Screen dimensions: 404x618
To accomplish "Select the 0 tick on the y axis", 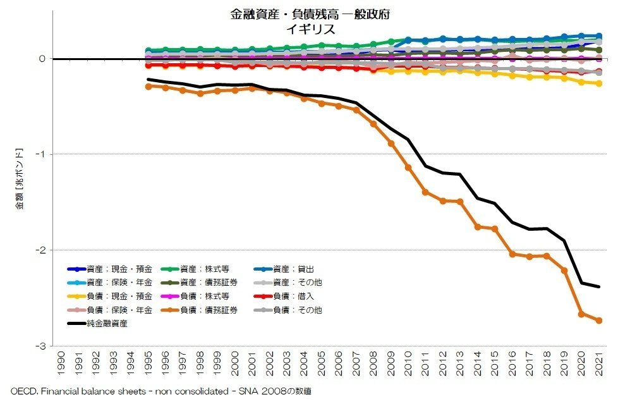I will (x=44, y=59).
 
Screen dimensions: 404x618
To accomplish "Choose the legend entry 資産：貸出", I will (x=290, y=269).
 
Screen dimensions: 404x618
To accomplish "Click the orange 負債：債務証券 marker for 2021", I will (x=598, y=321).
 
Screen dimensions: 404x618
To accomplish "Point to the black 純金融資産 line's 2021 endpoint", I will (x=598, y=287).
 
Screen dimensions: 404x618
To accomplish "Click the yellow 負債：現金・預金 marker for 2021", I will (x=598, y=83).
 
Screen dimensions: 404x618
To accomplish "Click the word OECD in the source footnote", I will (x=21, y=392).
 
